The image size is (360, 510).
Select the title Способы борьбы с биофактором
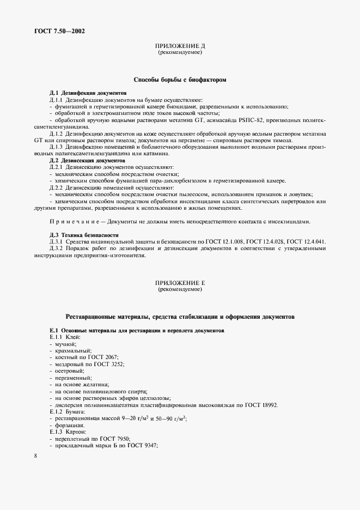pos(180,80)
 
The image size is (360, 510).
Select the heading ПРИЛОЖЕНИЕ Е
pos(179,283)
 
